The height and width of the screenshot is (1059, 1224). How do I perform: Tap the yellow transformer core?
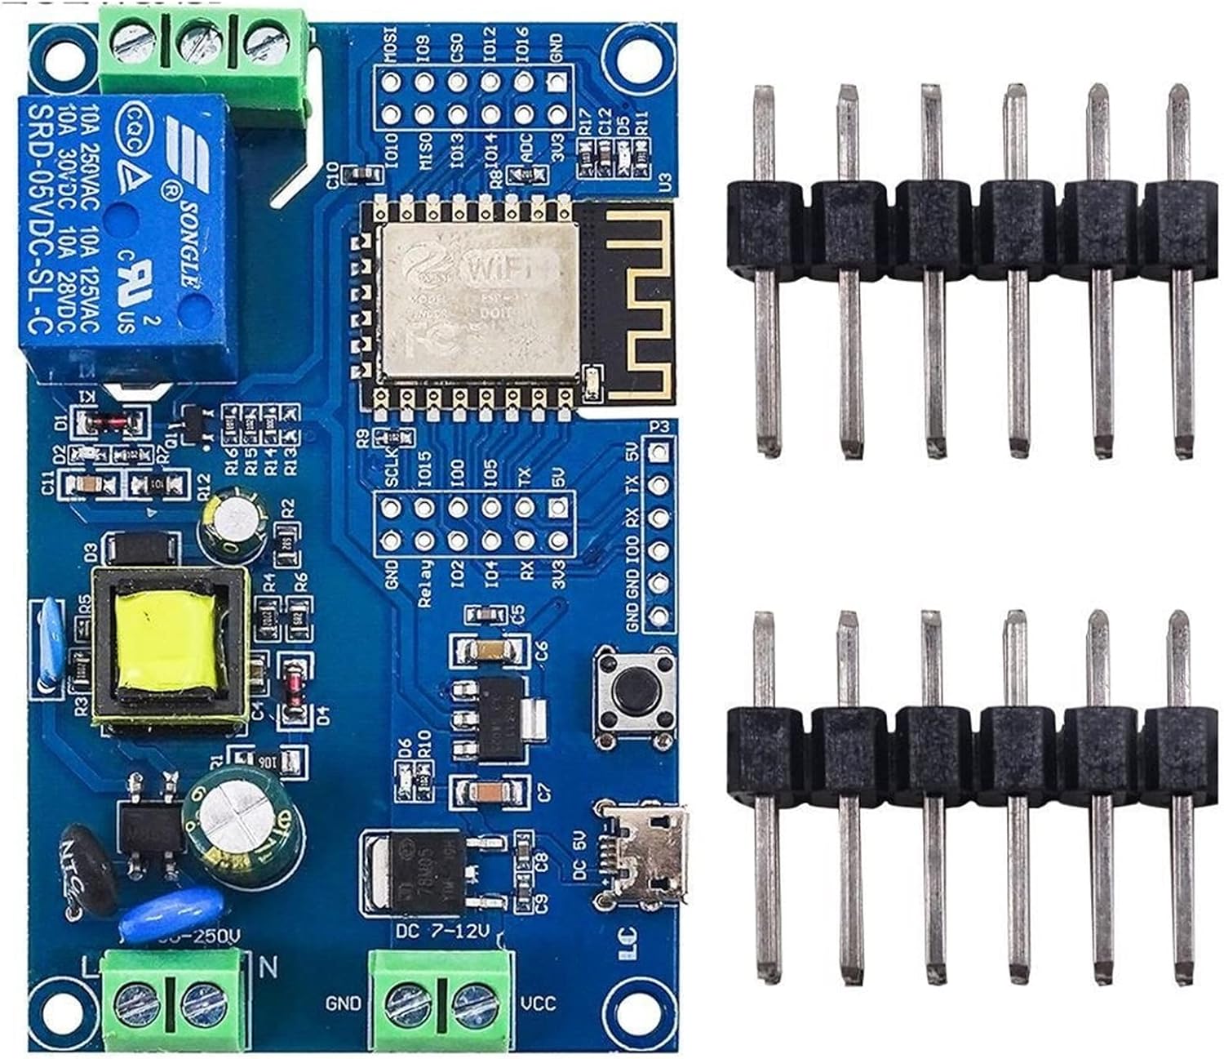168,641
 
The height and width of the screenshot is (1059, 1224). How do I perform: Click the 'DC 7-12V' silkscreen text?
441,931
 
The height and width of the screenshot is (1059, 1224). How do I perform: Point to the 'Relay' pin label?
424,584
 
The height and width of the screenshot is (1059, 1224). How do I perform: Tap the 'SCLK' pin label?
391,469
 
